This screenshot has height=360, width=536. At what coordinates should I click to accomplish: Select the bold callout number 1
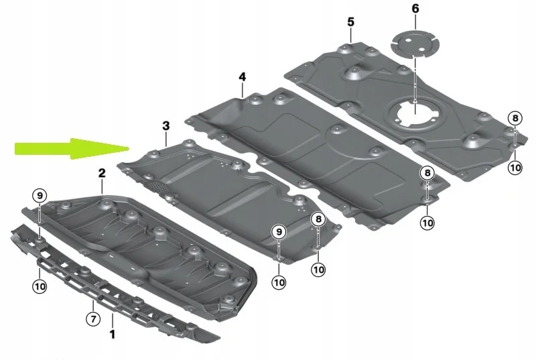112,333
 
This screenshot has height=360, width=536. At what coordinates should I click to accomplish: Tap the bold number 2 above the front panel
102,174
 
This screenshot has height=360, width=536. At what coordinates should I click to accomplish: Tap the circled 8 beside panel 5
514,119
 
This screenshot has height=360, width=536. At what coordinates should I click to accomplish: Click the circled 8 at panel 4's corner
427,174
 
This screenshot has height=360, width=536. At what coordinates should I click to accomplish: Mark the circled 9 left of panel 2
40,196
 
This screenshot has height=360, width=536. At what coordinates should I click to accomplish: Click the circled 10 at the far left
40,286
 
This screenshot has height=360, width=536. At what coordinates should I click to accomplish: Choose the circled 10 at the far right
514,167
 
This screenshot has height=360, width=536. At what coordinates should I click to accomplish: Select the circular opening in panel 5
413,110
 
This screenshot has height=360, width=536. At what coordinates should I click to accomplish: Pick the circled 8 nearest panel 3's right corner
318,219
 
